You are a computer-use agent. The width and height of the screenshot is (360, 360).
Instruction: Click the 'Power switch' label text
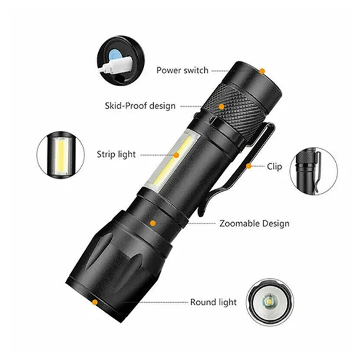click(182, 70)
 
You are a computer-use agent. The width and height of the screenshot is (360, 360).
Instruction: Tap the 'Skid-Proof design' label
click(140, 106)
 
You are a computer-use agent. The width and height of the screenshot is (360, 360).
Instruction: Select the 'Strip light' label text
click(116, 155)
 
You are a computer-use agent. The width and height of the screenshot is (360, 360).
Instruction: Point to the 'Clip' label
click(274, 166)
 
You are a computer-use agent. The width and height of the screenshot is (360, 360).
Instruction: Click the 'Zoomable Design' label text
click(254, 223)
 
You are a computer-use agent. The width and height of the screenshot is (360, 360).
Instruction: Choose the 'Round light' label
click(214, 302)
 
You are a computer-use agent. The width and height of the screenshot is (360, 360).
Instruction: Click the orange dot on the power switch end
click(262, 71)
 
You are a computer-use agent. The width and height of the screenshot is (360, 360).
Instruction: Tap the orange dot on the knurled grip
click(222, 107)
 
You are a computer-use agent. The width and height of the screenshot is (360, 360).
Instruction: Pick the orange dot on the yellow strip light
click(176, 155)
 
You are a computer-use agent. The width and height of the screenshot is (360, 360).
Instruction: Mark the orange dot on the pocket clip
click(249, 166)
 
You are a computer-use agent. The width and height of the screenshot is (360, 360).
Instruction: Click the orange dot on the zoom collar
click(153, 223)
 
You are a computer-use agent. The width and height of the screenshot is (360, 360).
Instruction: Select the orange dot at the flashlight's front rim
click(94, 302)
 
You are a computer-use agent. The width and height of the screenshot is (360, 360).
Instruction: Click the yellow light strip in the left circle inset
click(61, 155)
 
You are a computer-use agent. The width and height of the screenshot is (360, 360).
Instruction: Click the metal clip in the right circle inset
click(317, 171)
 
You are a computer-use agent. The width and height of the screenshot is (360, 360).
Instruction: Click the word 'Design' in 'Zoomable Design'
click(276, 223)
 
